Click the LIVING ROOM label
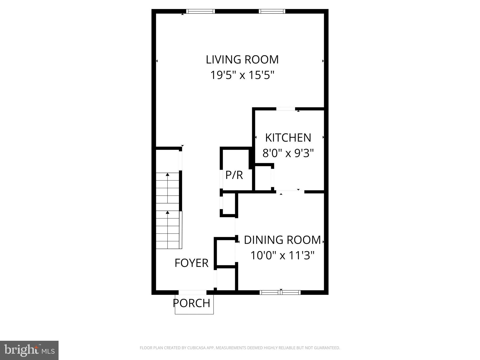pyautogui.click(x=242, y=60)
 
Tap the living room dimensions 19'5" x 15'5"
pyautogui.click(x=242, y=75)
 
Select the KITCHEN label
pyautogui.click(x=288, y=138)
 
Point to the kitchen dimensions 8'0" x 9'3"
pyautogui.click(x=288, y=153)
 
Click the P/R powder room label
pyautogui.click(x=234, y=175)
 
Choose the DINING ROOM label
pyautogui.click(x=282, y=240)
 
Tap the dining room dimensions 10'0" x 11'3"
pyautogui.click(x=282, y=256)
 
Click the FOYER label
pyautogui.click(x=191, y=263)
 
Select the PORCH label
pyautogui.click(x=191, y=303)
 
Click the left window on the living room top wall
pyautogui.click(x=200, y=11)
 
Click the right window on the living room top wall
pyautogui.click(x=272, y=11)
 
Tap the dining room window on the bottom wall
pyautogui.click(x=280, y=292)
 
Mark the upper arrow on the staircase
pyautogui.click(x=167, y=174)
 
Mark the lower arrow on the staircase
pyautogui.click(x=167, y=212)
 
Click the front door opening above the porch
pyautogui.click(x=193, y=292)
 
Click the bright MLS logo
pyautogui.click(x=29, y=350)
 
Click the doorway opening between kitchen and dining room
pyautogui.click(x=290, y=191)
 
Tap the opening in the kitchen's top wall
pyautogui.click(x=286, y=109)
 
